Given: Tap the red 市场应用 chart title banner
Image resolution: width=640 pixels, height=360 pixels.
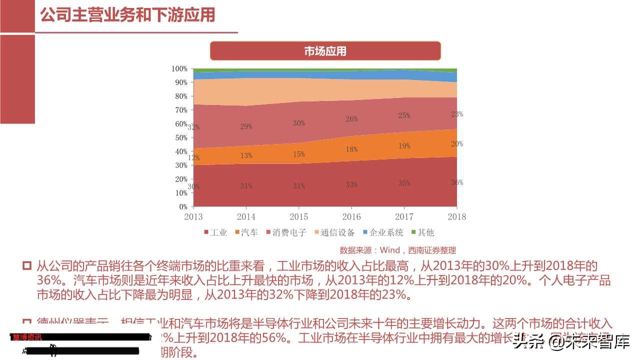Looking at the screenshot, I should pyautogui.click(x=325, y=51).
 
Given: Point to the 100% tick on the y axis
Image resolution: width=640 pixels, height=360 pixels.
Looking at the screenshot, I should pyautogui.click(x=179, y=68).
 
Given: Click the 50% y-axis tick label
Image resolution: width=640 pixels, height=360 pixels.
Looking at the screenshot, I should pyautogui.click(x=181, y=137).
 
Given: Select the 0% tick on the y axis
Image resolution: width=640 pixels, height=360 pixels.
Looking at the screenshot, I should pyautogui.click(x=183, y=206).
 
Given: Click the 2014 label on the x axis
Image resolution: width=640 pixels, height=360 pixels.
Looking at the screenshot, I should pyautogui.click(x=246, y=216).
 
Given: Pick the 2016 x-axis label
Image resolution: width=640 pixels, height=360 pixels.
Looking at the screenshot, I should pyautogui.click(x=351, y=216).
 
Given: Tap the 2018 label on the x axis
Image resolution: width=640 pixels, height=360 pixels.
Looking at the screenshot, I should pyautogui.click(x=456, y=216).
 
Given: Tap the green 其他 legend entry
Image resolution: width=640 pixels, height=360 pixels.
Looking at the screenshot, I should pyautogui.click(x=422, y=232).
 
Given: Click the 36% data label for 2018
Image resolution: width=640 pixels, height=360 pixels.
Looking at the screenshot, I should pyautogui.click(x=456, y=182).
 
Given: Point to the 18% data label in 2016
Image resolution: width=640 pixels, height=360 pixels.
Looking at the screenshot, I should pyautogui.click(x=351, y=149).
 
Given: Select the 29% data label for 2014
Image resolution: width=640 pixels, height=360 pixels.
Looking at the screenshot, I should pyautogui.click(x=246, y=126).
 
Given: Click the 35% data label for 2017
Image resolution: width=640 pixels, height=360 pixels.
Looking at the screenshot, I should pyautogui.click(x=404, y=183).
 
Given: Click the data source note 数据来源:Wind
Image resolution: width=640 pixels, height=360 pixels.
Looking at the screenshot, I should pyautogui.click(x=397, y=250).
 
